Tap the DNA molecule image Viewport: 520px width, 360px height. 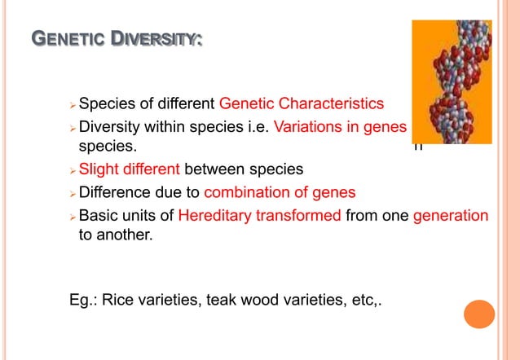pos(451,81)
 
